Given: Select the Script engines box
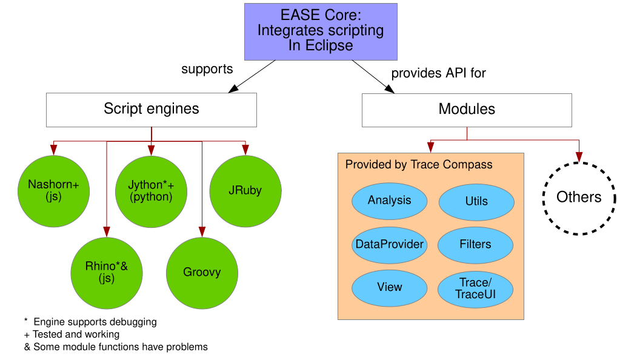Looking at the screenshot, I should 152,110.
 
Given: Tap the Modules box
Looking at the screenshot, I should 467,110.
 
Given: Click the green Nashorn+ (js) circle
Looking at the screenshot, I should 54,190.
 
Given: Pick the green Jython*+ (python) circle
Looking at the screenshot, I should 150,190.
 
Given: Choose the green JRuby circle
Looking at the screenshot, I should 245,190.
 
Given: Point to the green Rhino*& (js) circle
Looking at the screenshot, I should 107,272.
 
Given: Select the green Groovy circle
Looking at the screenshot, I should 202,272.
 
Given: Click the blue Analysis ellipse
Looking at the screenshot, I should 389,201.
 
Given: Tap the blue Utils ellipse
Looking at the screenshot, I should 476,201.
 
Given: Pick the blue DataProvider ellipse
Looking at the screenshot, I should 389,244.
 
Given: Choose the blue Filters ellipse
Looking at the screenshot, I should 476,244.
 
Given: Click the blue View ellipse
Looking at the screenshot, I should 389,287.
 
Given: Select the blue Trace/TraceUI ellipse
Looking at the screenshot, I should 476,288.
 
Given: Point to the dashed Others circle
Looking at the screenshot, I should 579,198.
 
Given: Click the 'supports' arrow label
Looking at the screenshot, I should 207,69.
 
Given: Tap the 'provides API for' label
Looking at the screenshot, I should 439,73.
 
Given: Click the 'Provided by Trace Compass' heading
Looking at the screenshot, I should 419,165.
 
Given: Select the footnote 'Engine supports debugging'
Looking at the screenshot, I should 95,322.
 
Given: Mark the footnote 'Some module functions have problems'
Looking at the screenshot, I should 120,347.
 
